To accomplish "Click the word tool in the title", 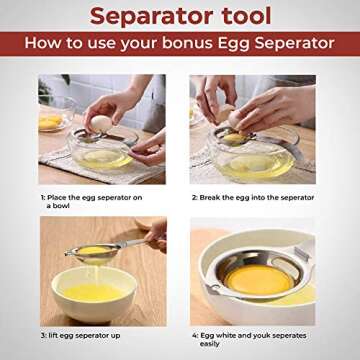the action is tap(243, 16).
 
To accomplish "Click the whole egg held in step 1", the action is tap(101, 124).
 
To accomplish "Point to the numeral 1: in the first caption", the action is tap(43, 198).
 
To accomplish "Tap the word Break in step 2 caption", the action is tap(210, 198).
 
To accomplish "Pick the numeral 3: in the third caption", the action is tap(43, 335).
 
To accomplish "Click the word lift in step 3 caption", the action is tap(53, 335).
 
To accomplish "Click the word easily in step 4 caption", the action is tap(209, 344).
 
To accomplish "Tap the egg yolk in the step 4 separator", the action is tap(259, 280).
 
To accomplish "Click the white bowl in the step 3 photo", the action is tap(94, 298).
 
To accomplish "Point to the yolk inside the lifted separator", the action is tap(94, 251).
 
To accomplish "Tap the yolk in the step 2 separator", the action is tap(235, 138).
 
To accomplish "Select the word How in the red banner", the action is tap(44, 43).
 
